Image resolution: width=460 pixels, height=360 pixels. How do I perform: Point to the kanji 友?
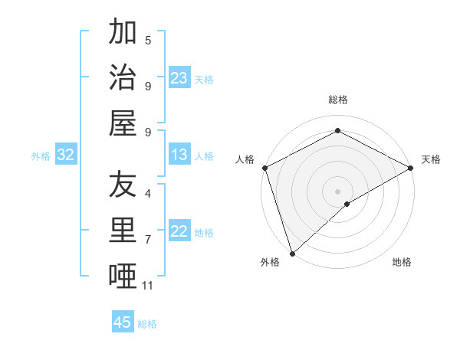(123, 184)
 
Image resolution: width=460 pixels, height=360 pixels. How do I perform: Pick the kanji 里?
(123, 230)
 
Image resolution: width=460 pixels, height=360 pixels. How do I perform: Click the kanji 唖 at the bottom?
(123, 275)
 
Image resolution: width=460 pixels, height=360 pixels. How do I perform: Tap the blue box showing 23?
(179, 78)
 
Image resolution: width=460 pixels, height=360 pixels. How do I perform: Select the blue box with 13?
(179, 155)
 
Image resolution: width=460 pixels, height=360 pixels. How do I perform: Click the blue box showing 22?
(179, 232)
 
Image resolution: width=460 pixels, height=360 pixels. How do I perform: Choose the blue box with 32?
(66, 155)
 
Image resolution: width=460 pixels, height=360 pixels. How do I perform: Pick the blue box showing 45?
(123, 322)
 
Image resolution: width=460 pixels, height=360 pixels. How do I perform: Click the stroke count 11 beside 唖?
(148, 286)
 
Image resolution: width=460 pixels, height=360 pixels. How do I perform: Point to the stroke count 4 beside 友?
(148, 194)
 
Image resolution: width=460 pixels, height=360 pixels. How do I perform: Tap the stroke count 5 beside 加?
(148, 41)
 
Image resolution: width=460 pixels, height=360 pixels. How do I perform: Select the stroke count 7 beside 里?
(148, 240)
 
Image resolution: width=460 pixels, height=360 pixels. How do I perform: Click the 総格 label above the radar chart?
(337, 100)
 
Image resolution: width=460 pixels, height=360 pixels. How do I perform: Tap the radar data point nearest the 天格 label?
(411, 168)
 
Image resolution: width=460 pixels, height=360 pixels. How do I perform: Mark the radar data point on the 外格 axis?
(292, 253)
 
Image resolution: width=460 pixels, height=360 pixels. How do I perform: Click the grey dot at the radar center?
(337, 191)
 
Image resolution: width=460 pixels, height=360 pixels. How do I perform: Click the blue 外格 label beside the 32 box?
(41, 156)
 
